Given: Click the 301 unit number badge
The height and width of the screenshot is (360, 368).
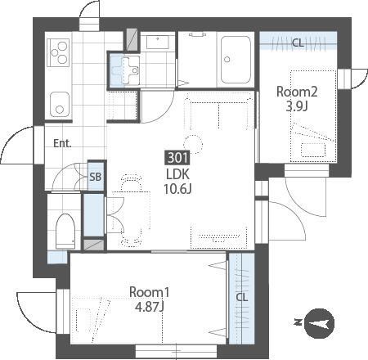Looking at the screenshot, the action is click(x=177, y=158).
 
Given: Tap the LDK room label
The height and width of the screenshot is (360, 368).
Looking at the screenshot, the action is click(x=177, y=174).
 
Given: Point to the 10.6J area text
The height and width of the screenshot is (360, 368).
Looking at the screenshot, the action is click(x=177, y=188).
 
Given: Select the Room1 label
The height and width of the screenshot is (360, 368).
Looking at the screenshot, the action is click(x=150, y=292).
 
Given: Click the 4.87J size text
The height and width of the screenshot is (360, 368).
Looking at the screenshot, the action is click(x=150, y=307).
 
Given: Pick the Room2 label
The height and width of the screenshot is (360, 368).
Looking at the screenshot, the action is click(x=297, y=92).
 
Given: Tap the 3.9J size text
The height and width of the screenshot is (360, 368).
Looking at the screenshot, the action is click(x=297, y=106).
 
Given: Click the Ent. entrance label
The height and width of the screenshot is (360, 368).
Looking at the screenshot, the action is click(x=62, y=143).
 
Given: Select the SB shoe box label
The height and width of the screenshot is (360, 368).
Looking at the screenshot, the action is click(x=96, y=177).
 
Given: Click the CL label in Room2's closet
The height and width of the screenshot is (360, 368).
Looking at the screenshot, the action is click(x=298, y=43).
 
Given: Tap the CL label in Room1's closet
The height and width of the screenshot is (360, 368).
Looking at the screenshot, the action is click(x=242, y=297).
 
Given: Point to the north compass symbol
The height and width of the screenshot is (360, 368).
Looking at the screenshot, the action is click(x=319, y=323).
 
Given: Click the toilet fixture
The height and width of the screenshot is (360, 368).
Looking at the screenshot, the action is click(x=65, y=231).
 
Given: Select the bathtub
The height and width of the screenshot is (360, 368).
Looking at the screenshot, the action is click(x=236, y=60).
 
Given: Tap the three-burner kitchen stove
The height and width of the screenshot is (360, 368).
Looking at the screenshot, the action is click(x=58, y=52).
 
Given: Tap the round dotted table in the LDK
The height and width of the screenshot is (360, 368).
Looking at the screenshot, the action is click(x=193, y=143).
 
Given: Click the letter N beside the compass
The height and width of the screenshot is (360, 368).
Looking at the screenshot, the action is click(x=298, y=322).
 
